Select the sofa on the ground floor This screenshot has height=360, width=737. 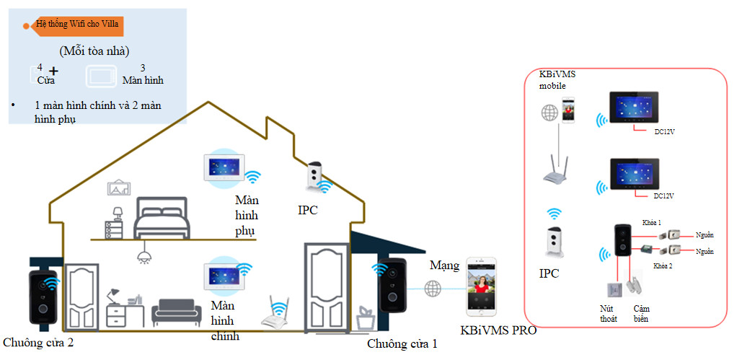176,312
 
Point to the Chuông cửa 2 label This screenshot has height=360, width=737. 38,342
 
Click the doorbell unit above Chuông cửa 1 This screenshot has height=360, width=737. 393,285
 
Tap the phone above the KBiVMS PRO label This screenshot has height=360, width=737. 481,286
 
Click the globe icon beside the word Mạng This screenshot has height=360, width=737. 433,288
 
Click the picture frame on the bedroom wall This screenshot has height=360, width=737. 118,187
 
